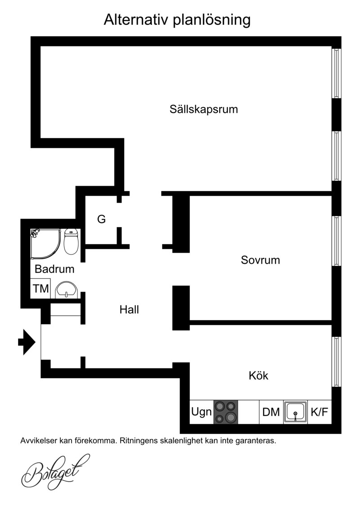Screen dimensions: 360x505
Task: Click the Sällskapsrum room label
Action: (204, 109)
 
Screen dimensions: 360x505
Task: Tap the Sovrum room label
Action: (261, 260)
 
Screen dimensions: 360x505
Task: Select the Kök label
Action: (258, 375)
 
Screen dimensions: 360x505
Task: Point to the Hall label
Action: (129, 309)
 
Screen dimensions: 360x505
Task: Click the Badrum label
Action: (54, 269)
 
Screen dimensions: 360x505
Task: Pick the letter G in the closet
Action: (102, 219)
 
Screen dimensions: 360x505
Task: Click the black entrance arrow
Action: (27, 342)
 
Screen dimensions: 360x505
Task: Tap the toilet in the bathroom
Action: (71, 241)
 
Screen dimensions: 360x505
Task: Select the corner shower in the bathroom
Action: (45, 244)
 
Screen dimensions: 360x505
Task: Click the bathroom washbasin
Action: (67, 290)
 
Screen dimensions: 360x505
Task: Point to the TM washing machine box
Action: (41, 288)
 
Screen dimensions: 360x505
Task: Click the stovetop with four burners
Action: (226, 412)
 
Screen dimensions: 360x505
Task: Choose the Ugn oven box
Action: (202, 412)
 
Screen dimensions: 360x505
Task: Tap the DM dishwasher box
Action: (271, 412)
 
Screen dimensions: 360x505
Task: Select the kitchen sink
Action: (295, 412)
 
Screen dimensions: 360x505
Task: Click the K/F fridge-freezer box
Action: (319, 412)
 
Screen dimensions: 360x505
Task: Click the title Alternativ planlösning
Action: (177, 20)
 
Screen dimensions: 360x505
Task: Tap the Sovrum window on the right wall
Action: (337, 241)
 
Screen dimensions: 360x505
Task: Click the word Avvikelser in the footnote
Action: (38, 441)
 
